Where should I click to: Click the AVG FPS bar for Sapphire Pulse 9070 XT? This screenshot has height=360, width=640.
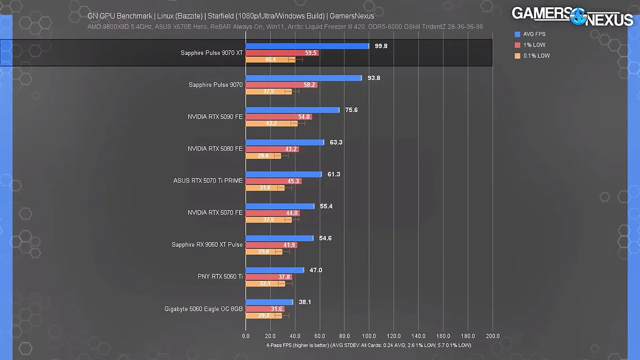pyautogui.click(x=307, y=46)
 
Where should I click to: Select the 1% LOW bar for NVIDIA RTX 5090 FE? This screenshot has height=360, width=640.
pyautogui.click(x=278, y=117)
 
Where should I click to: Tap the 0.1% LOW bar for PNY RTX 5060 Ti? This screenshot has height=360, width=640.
pyautogui.click(x=265, y=284)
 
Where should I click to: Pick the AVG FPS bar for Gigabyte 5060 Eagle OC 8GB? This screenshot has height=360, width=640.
pyautogui.click(x=269, y=302)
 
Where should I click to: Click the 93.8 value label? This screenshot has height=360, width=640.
pyautogui.click(x=373, y=78)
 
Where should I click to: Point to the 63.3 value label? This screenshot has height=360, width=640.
pyautogui.click(x=336, y=142)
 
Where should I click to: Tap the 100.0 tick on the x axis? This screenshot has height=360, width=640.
pyautogui.click(x=369, y=337)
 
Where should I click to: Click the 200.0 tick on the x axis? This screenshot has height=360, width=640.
pyautogui.click(x=492, y=337)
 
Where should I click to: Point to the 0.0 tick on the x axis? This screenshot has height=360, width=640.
pyautogui.click(x=246, y=337)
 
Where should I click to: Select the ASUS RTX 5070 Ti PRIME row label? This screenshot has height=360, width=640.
pyautogui.click(x=208, y=181)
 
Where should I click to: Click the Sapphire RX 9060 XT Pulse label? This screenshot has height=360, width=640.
pyautogui.click(x=207, y=245)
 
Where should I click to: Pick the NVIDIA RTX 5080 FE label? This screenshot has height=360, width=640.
pyautogui.click(x=215, y=149)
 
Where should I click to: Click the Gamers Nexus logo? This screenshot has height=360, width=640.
pyautogui.click(x=572, y=15)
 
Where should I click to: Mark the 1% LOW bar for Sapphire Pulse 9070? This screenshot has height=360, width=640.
pyautogui.click(x=281, y=85)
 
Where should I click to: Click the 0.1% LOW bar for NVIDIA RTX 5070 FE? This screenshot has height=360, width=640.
pyautogui.click(x=268, y=220)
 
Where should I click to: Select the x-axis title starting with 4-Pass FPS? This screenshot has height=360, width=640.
pyautogui.click(x=369, y=345)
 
